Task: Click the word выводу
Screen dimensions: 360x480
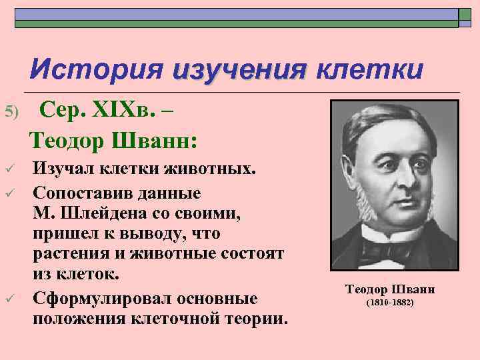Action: (175, 235)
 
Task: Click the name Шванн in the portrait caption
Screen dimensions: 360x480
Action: (413, 289)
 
